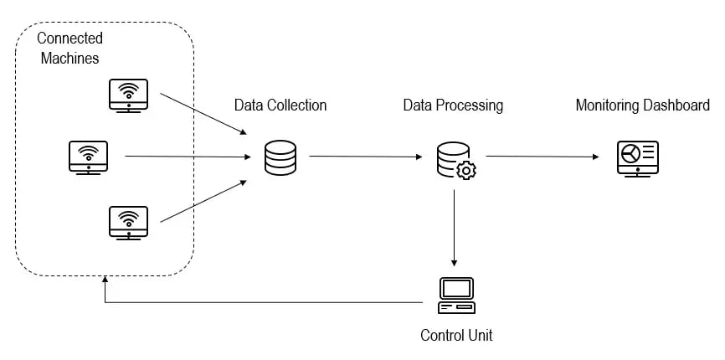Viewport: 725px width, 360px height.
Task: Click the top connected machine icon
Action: [x=128, y=95]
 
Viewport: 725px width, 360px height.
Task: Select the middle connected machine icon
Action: [x=88, y=157]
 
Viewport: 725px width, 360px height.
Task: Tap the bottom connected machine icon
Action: [x=128, y=222]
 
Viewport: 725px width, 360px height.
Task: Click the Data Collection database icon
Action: [x=280, y=157]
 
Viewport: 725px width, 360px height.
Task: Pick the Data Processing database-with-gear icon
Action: [x=455, y=160]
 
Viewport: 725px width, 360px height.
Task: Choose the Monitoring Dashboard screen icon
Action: [x=638, y=157]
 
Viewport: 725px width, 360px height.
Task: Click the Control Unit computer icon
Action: [x=456, y=295]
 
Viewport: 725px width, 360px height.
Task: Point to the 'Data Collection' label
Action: [x=280, y=105]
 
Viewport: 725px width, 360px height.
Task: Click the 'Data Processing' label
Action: [x=453, y=105]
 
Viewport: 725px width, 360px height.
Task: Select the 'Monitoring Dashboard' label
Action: [x=642, y=105]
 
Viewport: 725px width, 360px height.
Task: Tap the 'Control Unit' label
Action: [x=456, y=336]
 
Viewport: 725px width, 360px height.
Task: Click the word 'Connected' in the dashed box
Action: [x=70, y=39]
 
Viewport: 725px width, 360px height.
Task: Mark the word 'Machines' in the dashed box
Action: [x=70, y=58]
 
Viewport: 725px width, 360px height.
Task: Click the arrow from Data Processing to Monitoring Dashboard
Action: [x=542, y=157]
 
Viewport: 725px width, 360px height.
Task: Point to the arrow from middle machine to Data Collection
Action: [x=188, y=157]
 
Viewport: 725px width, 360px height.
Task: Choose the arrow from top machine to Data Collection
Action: [x=203, y=113]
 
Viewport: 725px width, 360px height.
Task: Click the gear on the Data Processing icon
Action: [x=466, y=170]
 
